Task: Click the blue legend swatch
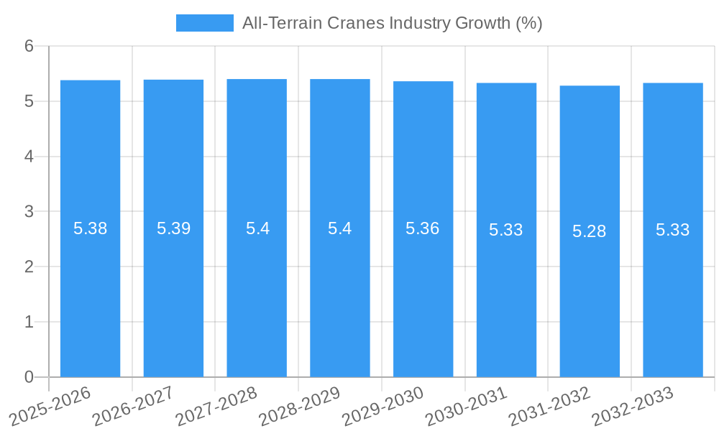(x=205, y=23)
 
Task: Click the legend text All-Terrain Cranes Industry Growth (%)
(x=392, y=23)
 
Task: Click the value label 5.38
(x=90, y=229)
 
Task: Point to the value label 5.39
(x=173, y=229)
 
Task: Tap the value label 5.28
(x=590, y=231)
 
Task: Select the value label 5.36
(x=423, y=229)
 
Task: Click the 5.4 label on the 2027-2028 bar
(x=257, y=229)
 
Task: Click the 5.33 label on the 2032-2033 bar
(x=673, y=230)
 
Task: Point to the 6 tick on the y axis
(x=29, y=46)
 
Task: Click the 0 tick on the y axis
(x=29, y=377)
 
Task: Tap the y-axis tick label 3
(x=29, y=212)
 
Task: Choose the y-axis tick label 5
(x=29, y=101)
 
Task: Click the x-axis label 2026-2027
(x=133, y=405)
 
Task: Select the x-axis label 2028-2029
(x=299, y=405)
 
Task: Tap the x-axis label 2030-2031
(x=466, y=405)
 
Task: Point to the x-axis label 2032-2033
(x=632, y=405)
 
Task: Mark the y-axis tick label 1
(x=29, y=322)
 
